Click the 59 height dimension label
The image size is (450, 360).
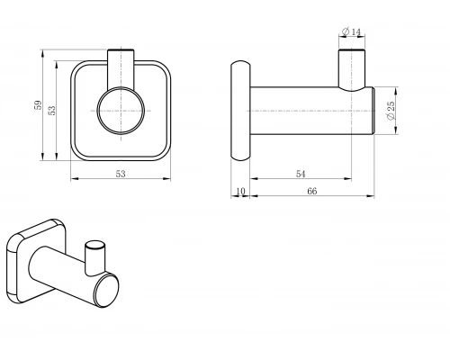[x=38, y=105]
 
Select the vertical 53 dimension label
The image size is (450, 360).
[x=51, y=111]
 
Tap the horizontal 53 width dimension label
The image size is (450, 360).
[x=121, y=174]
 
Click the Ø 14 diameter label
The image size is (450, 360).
[x=351, y=31]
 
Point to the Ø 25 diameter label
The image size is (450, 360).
[x=391, y=111]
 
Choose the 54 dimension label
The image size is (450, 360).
[x=301, y=174]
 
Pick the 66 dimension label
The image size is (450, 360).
[x=312, y=191]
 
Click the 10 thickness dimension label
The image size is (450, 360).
[x=240, y=191]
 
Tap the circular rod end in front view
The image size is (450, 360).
[x=121, y=111]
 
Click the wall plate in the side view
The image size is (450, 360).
[x=240, y=111]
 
